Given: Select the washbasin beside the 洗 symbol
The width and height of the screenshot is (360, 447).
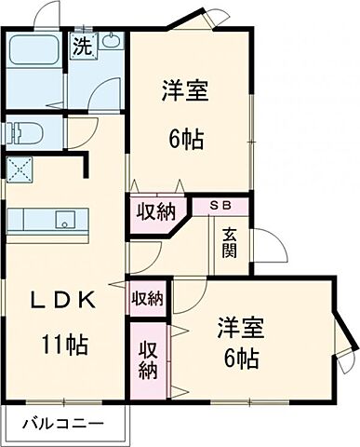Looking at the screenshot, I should [111, 42].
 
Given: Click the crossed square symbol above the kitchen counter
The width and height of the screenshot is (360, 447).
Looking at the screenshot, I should [19, 169].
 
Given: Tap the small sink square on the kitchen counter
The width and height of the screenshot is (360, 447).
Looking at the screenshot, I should [64, 221].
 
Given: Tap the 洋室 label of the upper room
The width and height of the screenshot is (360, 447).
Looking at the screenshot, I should [183, 91].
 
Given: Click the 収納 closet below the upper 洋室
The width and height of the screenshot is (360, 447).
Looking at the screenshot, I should [154, 211].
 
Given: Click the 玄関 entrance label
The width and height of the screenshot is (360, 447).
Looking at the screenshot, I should [230, 244].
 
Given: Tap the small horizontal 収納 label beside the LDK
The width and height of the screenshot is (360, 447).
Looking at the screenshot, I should [147, 298].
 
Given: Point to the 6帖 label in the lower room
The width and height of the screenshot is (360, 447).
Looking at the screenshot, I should [240, 359].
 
